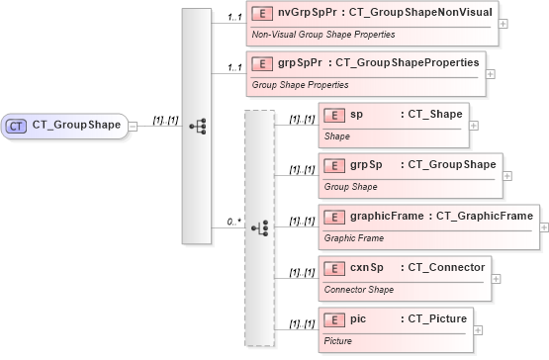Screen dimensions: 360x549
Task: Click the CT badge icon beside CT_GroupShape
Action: pyautogui.click(x=18, y=125)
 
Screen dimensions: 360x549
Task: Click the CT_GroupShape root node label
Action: pyautogui.click(x=76, y=125)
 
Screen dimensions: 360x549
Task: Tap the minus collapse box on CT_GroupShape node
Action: pyautogui.click(x=133, y=126)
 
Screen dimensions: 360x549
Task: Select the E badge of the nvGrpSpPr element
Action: pyautogui.click(x=263, y=13)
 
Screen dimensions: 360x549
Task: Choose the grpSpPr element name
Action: pyautogui.click(x=300, y=63)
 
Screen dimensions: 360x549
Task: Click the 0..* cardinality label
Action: pyautogui.click(x=234, y=222)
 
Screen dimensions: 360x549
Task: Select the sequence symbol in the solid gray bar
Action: pyautogui.click(x=197, y=126)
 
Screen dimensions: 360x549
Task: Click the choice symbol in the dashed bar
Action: pyautogui.click(x=259, y=227)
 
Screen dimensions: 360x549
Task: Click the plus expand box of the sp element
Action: pyautogui.click(x=473, y=126)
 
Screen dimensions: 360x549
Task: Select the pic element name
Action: pyautogui.click(x=359, y=318)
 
